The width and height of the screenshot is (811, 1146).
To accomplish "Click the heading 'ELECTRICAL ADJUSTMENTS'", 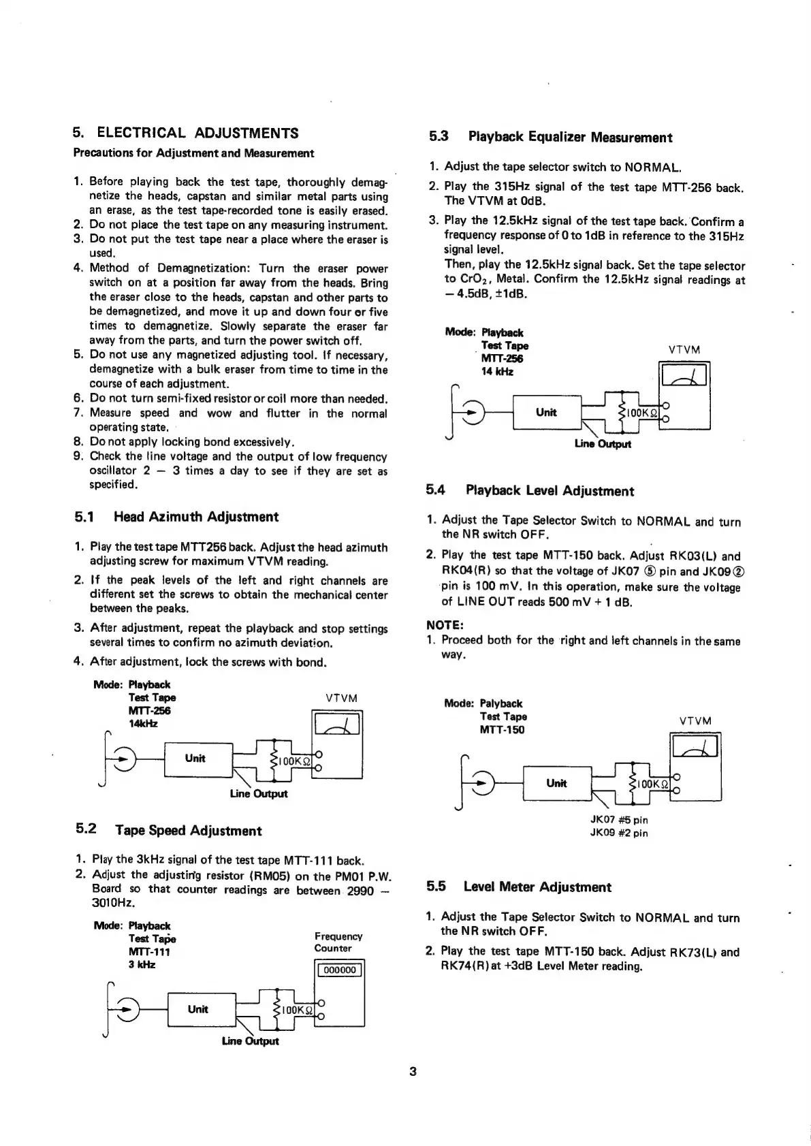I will (x=197, y=132).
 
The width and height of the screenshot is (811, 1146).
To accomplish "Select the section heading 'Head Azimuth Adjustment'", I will (x=196, y=517).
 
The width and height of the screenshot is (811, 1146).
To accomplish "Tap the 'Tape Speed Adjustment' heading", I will (x=188, y=830).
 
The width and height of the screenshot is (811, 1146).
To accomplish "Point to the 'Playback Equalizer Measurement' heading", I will (x=570, y=137).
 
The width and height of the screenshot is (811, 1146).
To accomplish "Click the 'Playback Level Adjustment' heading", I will (x=550, y=491).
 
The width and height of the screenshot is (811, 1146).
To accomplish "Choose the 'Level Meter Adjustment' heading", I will (x=537, y=887).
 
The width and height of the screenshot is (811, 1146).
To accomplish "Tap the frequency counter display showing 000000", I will (x=339, y=970).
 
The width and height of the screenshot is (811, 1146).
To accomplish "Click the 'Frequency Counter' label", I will (x=338, y=942).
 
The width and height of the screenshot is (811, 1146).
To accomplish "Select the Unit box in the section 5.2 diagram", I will (x=197, y=1009).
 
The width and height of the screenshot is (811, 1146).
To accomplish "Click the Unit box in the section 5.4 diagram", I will (x=556, y=783).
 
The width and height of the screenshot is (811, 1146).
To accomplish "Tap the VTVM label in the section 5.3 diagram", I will (x=684, y=349).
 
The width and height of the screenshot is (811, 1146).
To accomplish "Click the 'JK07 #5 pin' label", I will (x=618, y=820).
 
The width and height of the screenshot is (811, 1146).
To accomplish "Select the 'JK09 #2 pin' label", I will (x=618, y=833).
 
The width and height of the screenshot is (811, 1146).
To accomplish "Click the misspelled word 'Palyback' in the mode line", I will (x=501, y=703).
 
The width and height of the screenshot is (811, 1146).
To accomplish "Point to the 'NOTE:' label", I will (x=445, y=624).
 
